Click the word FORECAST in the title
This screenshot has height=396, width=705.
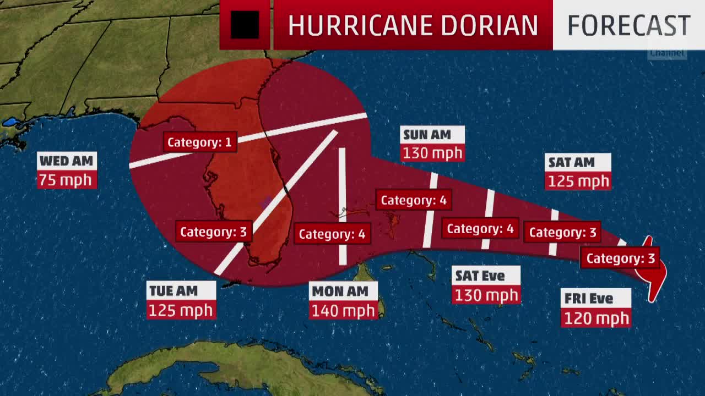(x=628, y=25)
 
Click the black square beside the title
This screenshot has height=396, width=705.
(x=245, y=25)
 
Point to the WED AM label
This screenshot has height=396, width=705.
(x=67, y=161)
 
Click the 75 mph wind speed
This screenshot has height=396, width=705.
(x=67, y=180)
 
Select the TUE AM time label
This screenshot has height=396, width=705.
(x=174, y=291)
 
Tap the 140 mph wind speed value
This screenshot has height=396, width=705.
(x=343, y=311)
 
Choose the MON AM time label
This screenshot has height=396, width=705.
(x=340, y=291)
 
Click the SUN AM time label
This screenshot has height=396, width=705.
(x=427, y=135)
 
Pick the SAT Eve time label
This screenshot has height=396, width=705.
(x=480, y=276)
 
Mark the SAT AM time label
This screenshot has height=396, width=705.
(x=572, y=162)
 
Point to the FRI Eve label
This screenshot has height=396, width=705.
(x=589, y=299)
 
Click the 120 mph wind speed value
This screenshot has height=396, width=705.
(x=596, y=318)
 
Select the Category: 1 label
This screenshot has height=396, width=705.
(x=199, y=142)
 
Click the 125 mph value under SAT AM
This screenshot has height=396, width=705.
(x=578, y=181)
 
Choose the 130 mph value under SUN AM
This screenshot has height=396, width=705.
(x=432, y=153)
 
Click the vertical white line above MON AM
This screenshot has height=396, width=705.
(x=342, y=182)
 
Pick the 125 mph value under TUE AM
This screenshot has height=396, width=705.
(x=181, y=310)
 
